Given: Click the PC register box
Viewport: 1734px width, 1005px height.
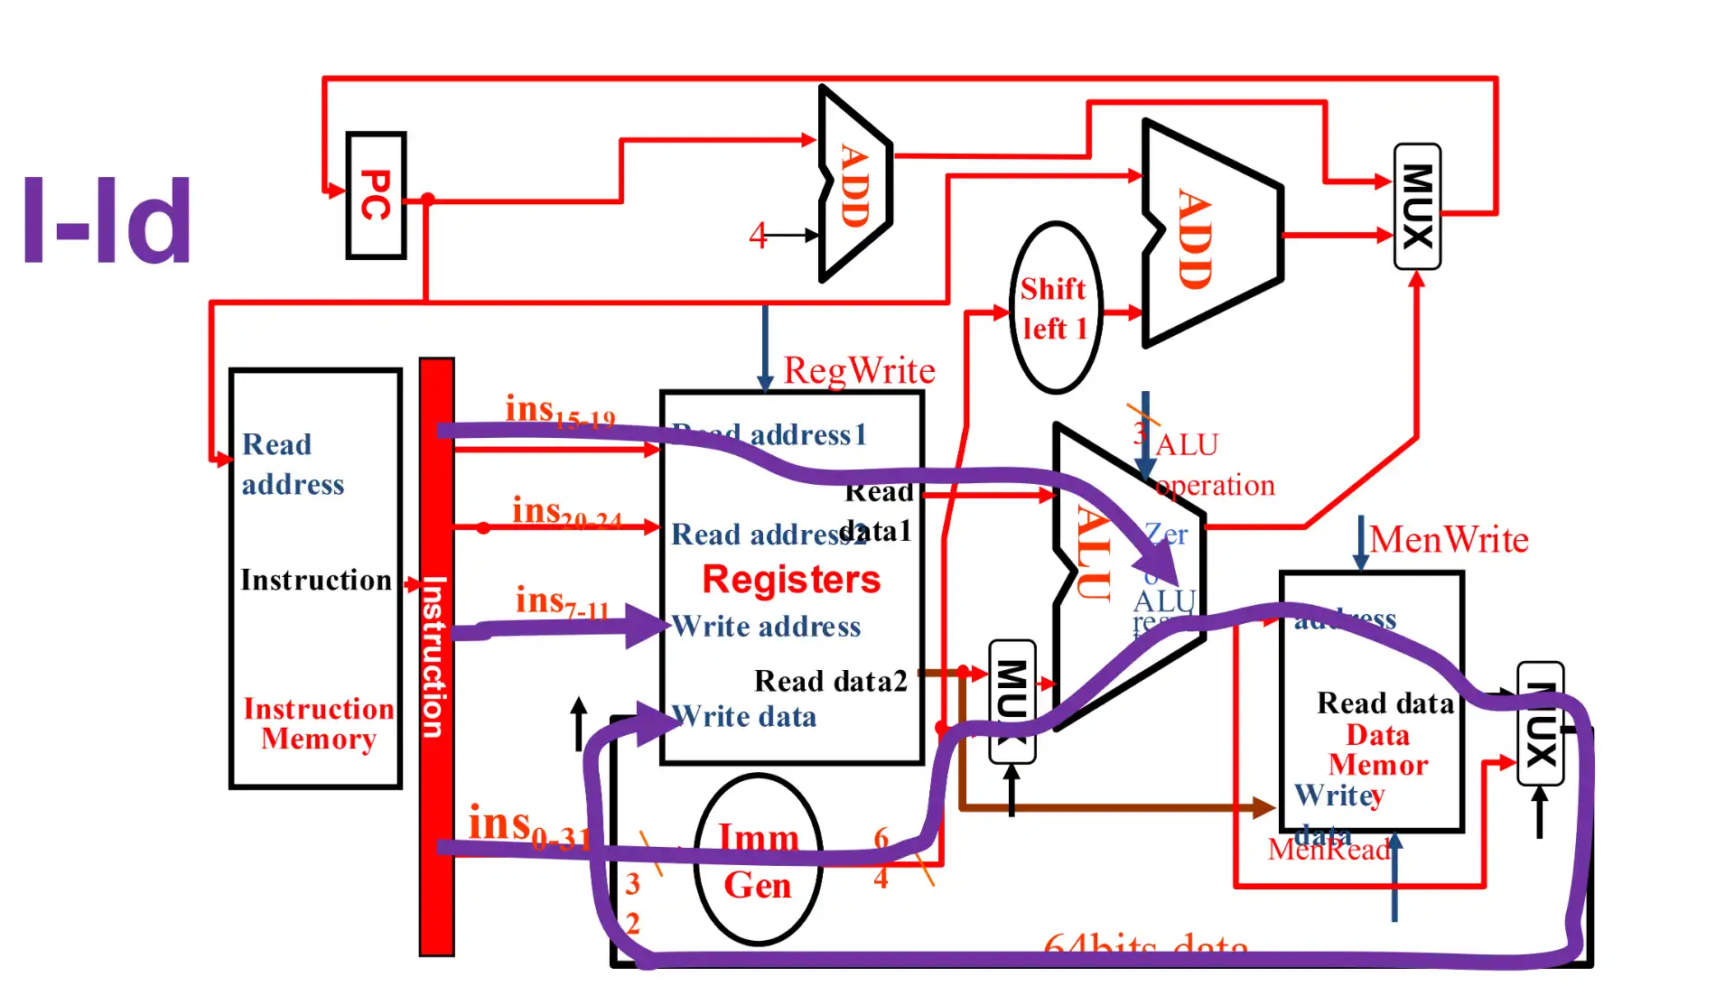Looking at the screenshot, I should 376,195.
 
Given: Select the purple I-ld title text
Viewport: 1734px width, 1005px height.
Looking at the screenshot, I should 107,221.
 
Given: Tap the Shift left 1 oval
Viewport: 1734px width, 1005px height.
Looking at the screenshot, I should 1054,308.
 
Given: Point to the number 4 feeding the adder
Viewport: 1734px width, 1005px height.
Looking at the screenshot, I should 757,236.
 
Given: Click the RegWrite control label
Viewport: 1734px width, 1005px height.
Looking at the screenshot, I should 858,370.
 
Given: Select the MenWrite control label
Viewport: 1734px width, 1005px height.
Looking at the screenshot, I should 1449,540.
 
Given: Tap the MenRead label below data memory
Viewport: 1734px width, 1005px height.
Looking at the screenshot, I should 1328,849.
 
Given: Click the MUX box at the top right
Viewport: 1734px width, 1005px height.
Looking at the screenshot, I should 1417,206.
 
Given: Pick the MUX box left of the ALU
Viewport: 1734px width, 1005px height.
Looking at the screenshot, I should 1011,701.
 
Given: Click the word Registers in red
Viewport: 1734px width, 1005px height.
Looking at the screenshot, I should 791,579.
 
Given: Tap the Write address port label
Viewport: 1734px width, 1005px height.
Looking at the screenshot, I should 767,627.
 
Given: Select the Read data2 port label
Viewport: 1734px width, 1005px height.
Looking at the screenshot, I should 830,681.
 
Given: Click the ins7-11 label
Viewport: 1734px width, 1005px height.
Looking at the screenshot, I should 561,601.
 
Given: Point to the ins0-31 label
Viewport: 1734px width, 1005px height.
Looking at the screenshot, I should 528,826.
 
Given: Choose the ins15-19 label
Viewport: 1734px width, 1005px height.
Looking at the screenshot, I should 559,412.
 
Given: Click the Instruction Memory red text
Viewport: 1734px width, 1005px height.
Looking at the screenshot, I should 318,723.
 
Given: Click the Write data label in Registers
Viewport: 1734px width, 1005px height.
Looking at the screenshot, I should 745,717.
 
